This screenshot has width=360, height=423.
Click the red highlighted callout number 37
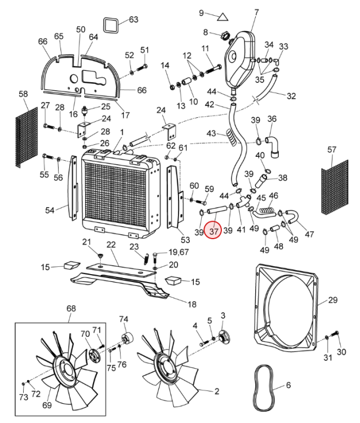(x=213, y=231)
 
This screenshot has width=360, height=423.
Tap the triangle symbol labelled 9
(x=223, y=17)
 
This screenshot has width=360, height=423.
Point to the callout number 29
(x=332, y=299)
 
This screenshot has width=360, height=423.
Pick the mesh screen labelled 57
(x=335, y=187)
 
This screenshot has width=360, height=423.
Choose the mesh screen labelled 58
(x=26, y=137)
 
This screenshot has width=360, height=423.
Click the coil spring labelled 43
(x=233, y=137)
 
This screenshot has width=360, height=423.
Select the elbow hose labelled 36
(x=273, y=147)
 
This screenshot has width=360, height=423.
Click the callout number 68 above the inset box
(x=71, y=308)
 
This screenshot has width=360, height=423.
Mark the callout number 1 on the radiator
(x=122, y=132)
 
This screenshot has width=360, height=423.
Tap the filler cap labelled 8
(x=225, y=35)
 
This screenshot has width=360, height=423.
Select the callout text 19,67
(x=179, y=252)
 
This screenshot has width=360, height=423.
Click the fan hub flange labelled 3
(x=224, y=336)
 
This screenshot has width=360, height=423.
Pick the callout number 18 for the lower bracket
(x=192, y=305)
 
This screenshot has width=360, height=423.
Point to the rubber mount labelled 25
(x=86, y=111)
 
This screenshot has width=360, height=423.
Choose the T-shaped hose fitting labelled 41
(x=243, y=202)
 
